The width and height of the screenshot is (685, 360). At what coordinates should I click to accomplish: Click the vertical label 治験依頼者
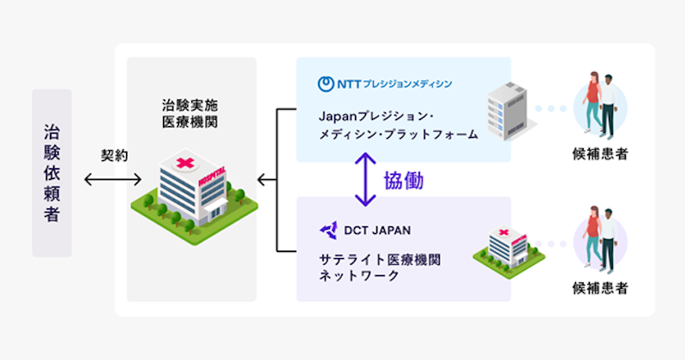coord(51,173)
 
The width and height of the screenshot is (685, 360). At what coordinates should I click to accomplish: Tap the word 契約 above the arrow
coord(115,155)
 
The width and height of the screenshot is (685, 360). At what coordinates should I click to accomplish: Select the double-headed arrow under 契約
coord(112,179)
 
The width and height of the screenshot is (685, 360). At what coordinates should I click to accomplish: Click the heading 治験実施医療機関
coord(190,113)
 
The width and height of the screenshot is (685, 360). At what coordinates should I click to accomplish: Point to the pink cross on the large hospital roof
coord(185,163)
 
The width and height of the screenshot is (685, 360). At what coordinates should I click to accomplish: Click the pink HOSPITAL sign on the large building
coord(213,176)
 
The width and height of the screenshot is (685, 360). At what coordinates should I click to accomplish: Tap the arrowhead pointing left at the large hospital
coord(261,179)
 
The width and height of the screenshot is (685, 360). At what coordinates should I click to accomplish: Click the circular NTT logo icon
coord(326,84)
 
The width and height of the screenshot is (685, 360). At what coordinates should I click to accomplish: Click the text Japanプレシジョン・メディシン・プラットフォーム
coord(399,125)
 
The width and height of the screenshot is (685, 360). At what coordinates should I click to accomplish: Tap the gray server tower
coord(508,111)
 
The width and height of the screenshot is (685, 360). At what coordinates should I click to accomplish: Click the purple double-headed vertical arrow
coord(365,179)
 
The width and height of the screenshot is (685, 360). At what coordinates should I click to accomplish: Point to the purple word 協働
coord(404,181)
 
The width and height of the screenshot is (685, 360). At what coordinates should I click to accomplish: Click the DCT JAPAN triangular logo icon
coord(328,231)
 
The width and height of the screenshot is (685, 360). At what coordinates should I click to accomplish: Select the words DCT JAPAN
coord(377,231)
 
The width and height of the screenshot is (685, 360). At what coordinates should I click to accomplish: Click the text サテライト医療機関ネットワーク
coord(380,267)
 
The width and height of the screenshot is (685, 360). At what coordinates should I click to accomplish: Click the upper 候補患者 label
coord(600,153)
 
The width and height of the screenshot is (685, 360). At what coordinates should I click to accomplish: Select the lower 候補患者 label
coord(600,288)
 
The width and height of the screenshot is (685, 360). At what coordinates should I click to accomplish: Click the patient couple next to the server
coord(601,105)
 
